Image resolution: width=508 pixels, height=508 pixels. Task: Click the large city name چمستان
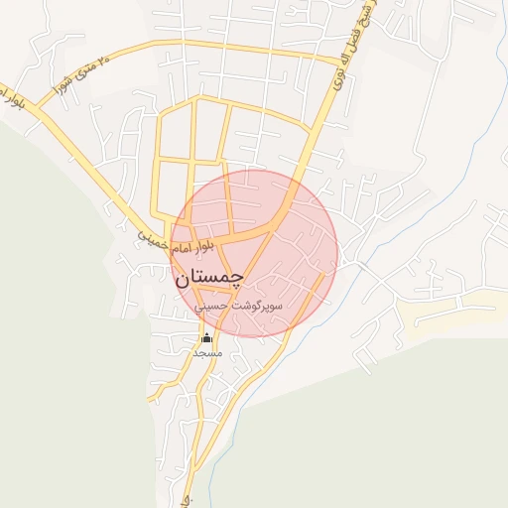209,278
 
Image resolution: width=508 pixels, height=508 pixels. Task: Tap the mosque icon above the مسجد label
206,338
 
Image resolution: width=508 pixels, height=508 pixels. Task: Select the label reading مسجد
206,353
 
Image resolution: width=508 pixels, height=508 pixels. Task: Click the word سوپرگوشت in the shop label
258,307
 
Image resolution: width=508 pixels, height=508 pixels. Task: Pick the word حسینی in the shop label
212,307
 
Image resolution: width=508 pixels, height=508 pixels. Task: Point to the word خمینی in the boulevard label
150,238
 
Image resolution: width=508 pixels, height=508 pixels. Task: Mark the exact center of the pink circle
254,254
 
